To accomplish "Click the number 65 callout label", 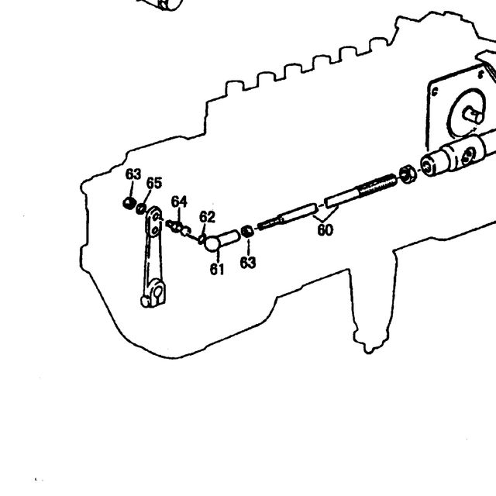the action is (154, 183).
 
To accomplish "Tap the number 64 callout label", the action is (179, 201).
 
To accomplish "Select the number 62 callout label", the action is (207, 217).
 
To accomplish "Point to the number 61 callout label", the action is (217, 269).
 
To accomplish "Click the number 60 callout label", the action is (325, 230).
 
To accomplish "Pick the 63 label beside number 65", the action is (133, 174).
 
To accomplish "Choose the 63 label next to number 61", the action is (248, 263).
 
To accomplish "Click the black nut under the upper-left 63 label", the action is (129, 203).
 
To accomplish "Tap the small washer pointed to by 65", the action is (141, 208).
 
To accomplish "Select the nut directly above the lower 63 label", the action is (247, 231).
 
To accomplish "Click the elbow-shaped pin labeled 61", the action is (221, 241).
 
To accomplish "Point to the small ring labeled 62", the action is (201, 239).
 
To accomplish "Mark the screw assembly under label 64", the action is (178, 227).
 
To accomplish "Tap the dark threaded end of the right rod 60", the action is (377, 185).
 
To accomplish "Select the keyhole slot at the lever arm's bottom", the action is (158, 291).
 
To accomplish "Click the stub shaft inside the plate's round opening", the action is (473, 115).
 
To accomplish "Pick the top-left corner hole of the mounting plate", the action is (435, 92).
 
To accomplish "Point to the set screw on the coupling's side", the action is (468, 156).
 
